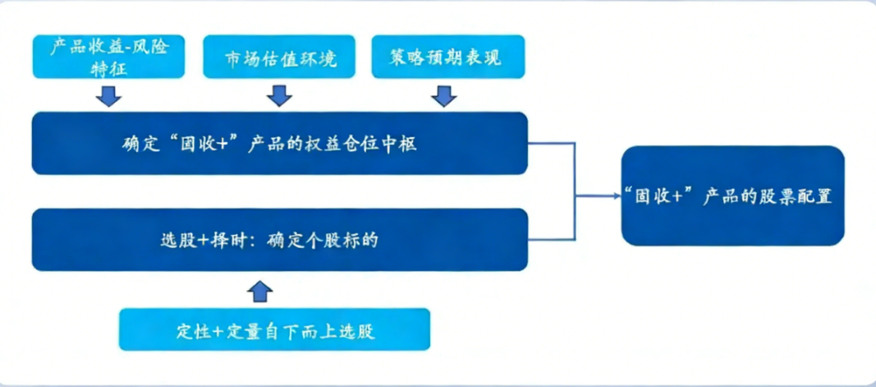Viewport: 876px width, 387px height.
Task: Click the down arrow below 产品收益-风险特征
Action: pyautogui.click(x=108, y=96)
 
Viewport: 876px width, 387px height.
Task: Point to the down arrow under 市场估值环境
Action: pyautogui.click(x=280, y=96)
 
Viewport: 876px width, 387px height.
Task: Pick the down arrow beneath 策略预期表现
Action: pyautogui.click(x=444, y=96)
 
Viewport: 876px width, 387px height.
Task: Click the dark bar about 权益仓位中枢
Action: pyautogui.click(x=279, y=144)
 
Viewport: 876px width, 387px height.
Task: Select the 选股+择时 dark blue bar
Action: pyautogui.click(x=279, y=240)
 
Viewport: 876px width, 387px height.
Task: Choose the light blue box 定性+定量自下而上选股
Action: pyautogui.click(x=275, y=330)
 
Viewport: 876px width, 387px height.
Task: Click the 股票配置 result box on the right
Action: pyautogui.click(x=732, y=196)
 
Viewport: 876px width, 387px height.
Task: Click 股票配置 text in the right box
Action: pyautogui.click(x=798, y=197)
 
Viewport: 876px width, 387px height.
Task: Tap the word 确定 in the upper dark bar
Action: pyautogui.click(x=135, y=145)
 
